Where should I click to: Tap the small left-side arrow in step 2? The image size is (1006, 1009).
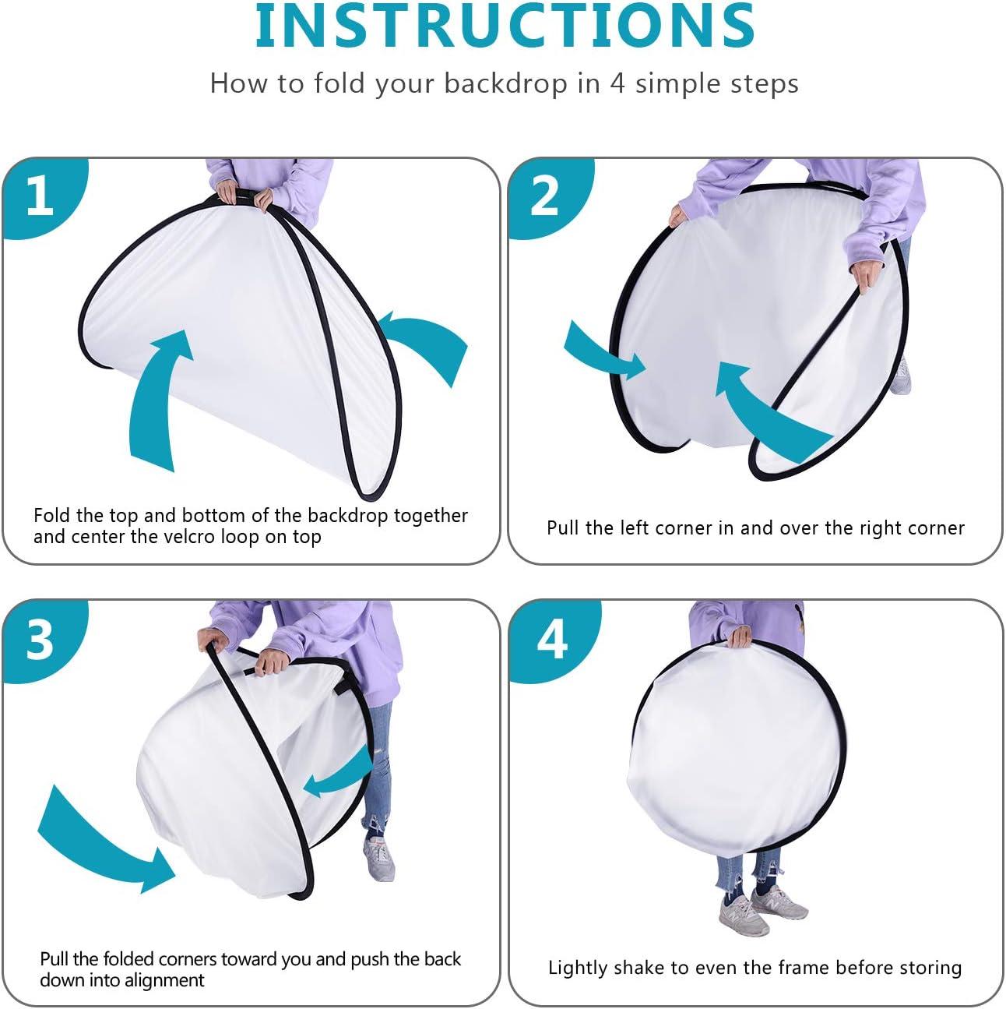pos(603,351)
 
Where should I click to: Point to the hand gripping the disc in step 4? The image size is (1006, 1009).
pos(740,637)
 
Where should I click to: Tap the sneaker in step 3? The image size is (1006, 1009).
pos(379,858)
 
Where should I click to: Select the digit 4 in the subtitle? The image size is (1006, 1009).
pos(617,84)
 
